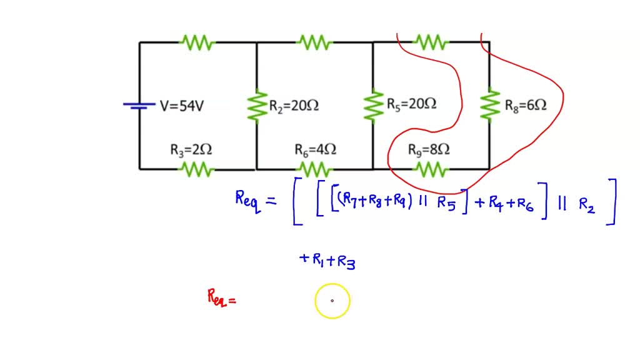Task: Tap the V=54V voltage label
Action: (x=182, y=106)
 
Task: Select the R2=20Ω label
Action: (x=294, y=106)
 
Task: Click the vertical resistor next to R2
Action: (x=256, y=106)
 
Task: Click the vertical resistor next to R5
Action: (x=373, y=105)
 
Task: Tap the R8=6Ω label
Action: (x=526, y=105)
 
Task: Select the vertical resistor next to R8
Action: (x=489, y=104)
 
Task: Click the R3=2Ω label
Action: (x=191, y=150)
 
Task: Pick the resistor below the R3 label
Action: (x=197, y=169)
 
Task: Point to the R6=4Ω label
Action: (x=316, y=150)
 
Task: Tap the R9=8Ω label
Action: (x=429, y=150)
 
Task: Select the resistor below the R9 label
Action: (x=431, y=169)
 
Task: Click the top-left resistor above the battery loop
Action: (x=197, y=42)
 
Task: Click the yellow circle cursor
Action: (x=332, y=301)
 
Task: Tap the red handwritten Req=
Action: (x=221, y=297)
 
